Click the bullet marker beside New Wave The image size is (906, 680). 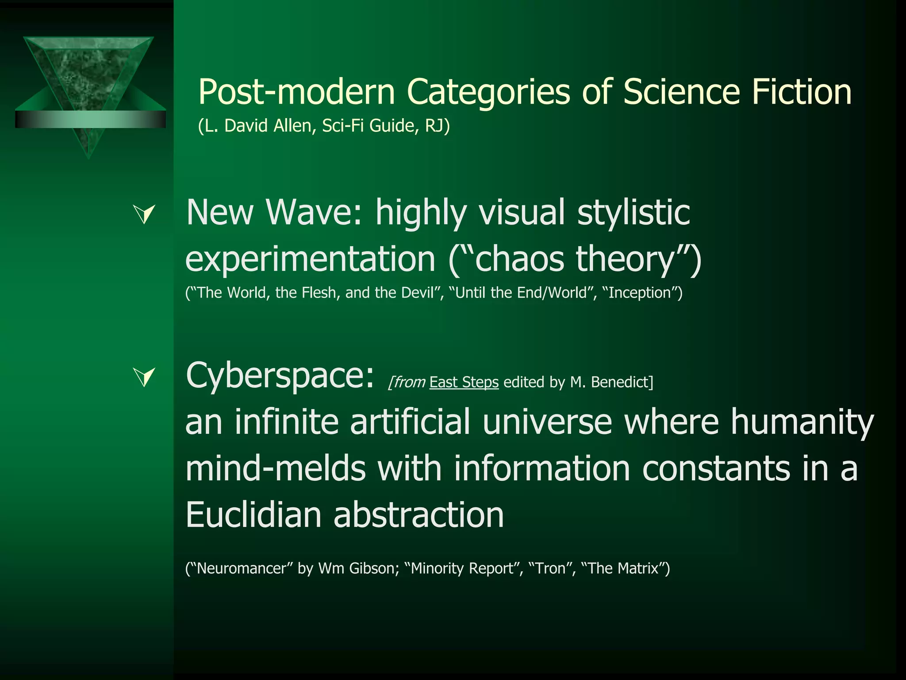[145, 214]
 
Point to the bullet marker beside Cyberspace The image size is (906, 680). [145, 377]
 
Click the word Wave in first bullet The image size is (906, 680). [315, 212]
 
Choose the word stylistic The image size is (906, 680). [633, 212]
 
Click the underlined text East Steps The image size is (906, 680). [464, 382]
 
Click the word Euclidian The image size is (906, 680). [253, 515]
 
